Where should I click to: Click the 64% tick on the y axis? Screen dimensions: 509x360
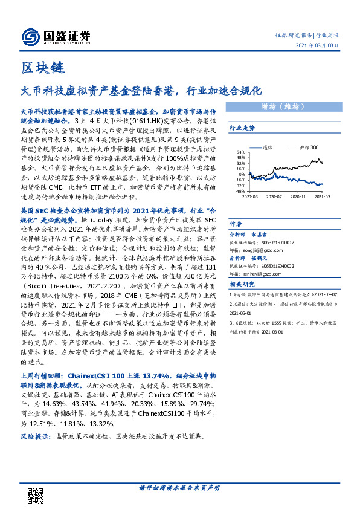pyautogui.click(x=241, y=152)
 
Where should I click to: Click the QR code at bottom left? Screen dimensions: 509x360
pyautogui.click(x=36, y=494)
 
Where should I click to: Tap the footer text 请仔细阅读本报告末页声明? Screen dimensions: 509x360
pyautogui.click(x=179, y=487)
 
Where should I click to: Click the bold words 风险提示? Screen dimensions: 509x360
pyautogui.click(x=36, y=435)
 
